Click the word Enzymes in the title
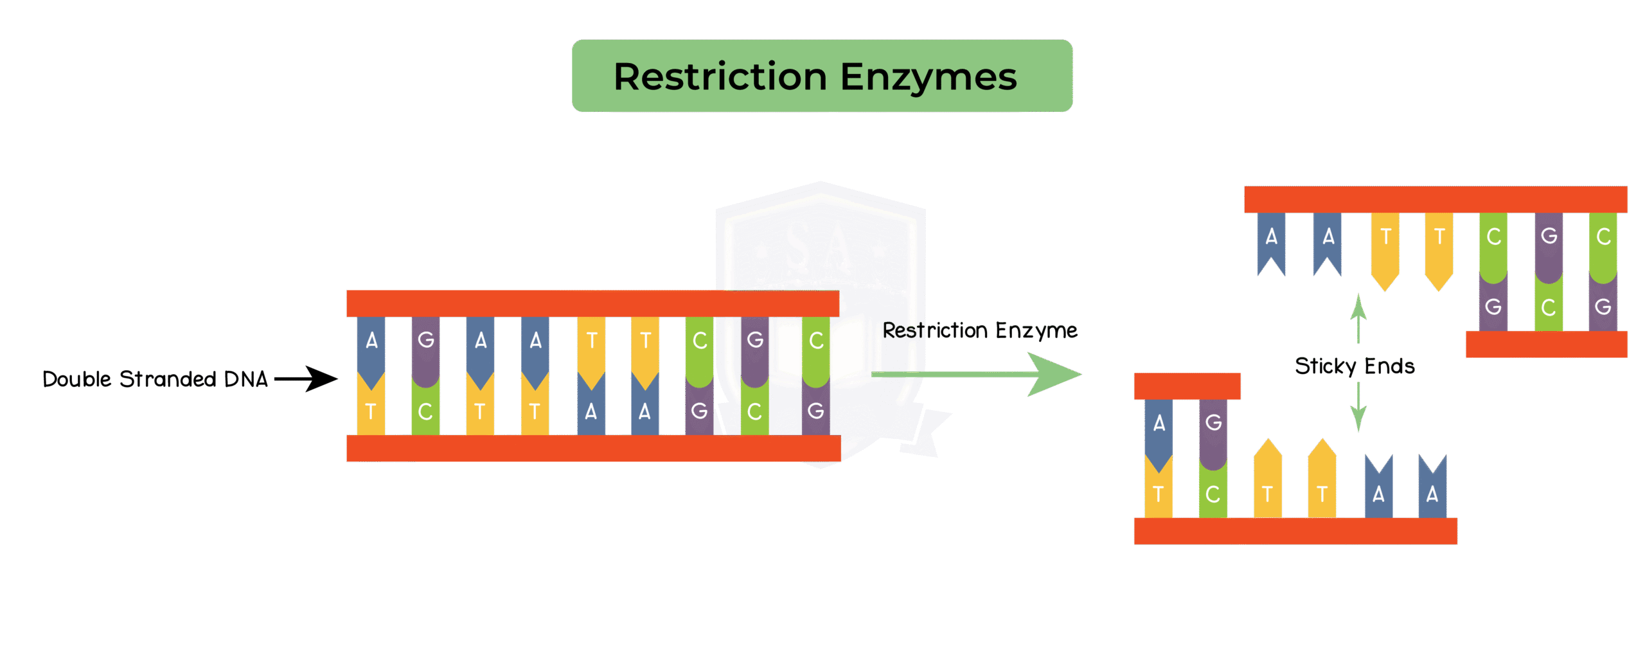[929, 77]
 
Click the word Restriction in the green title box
[720, 77]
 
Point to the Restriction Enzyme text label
[980, 330]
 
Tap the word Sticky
[1325, 366]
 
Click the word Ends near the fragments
[1389, 366]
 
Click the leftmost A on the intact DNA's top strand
[371, 341]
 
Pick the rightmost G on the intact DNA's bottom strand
[816, 411]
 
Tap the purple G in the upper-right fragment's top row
[1549, 237]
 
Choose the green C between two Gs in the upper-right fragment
[1549, 307]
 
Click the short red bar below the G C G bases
[1546, 344]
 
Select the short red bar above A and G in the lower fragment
[1187, 386]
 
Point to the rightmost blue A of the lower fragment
[1432, 494]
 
